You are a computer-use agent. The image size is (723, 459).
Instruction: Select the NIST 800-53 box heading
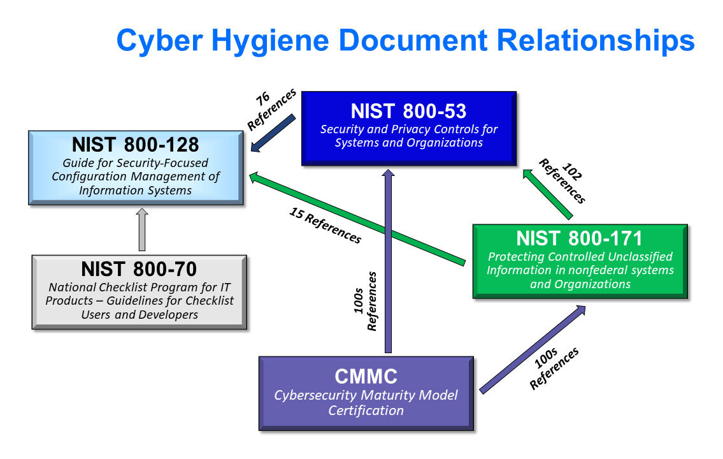[x=408, y=111]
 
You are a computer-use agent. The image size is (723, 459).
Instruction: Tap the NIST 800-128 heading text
[x=135, y=145]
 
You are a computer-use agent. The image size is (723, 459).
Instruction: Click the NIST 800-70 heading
[x=139, y=268]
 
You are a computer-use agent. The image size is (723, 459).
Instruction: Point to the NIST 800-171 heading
[x=579, y=238]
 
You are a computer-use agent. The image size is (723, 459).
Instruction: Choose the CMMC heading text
[x=366, y=376]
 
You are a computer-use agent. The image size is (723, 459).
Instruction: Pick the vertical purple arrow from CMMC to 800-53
[x=387, y=261]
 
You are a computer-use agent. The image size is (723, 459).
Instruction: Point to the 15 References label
[x=326, y=225]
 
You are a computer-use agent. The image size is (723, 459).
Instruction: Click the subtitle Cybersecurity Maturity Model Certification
[x=366, y=403]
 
